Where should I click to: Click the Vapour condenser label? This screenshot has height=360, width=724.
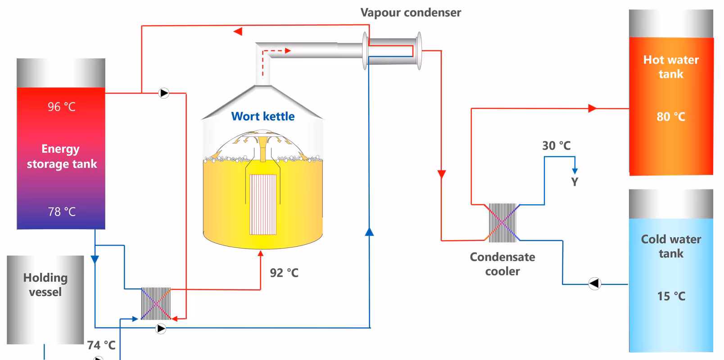click(x=410, y=13)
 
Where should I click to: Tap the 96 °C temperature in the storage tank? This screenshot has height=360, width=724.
click(x=62, y=107)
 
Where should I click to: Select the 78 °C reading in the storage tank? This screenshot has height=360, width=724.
click(x=62, y=212)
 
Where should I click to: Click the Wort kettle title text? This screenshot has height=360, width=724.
click(x=263, y=117)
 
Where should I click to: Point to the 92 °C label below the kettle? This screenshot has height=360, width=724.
click(x=284, y=273)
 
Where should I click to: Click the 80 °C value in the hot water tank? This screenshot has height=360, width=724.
click(x=670, y=117)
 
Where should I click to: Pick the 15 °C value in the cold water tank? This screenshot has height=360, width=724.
click(x=671, y=296)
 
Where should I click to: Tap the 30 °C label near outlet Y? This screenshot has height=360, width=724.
click(x=556, y=146)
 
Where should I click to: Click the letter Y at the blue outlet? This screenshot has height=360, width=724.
click(x=575, y=182)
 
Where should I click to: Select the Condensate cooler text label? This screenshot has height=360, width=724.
click(x=502, y=264)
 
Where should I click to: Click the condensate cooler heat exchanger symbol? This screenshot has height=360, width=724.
click(x=502, y=222)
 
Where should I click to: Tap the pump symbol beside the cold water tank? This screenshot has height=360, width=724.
click(x=594, y=283)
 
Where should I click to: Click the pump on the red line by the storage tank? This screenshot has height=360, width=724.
click(x=164, y=93)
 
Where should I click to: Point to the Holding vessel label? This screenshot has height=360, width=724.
click(x=45, y=285)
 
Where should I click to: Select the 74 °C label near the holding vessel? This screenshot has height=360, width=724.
click(x=101, y=345)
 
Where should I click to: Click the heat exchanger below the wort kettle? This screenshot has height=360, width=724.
click(x=156, y=304)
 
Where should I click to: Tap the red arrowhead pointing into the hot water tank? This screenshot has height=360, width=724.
click(x=593, y=108)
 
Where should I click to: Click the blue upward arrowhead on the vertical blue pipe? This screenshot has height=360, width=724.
click(x=369, y=232)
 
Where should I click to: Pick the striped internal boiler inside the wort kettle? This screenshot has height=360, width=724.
click(x=263, y=204)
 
